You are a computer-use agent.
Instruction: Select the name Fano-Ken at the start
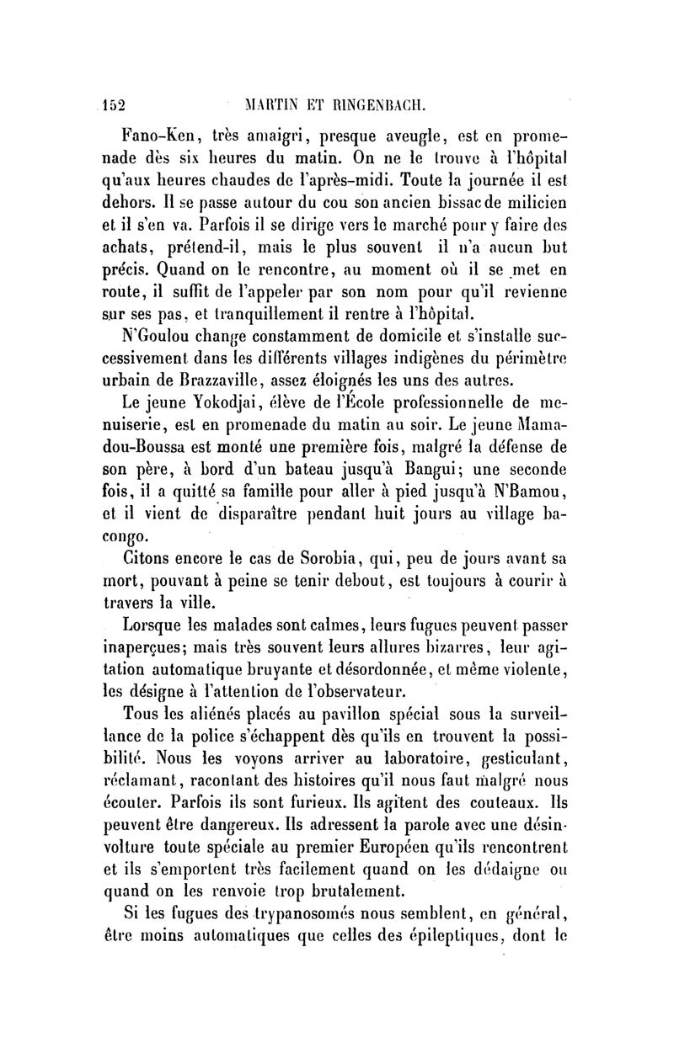(x=158, y=133)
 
